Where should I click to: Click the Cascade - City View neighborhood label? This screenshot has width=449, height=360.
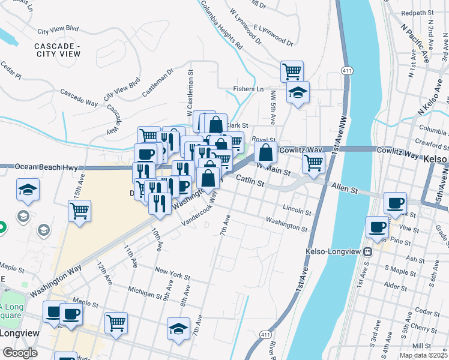coord(57,50)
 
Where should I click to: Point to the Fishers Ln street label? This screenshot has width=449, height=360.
coord(248,89)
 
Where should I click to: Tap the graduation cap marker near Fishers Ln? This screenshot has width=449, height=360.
coord(297,93)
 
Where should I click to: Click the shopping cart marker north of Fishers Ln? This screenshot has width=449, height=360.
coord(292,71)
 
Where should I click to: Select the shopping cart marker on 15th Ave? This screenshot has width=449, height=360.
coord(79,211)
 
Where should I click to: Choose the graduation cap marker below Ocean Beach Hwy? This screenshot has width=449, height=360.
coord(28,190)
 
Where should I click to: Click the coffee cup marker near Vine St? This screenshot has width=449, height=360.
coord(378,227)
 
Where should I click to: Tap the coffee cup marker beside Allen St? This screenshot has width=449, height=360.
coord(395,203)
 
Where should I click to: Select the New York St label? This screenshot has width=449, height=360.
coord(172,271)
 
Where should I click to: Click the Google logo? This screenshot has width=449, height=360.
coord(20,353)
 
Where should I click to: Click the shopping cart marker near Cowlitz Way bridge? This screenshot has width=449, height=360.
coord(313,162)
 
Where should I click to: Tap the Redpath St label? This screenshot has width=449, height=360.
coord(417,13)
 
